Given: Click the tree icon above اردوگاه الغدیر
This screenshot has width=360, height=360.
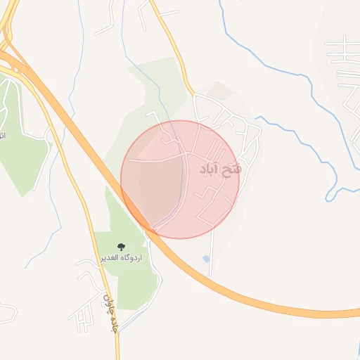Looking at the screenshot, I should [121, 247].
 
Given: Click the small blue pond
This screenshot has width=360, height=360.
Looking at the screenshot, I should [205, 259].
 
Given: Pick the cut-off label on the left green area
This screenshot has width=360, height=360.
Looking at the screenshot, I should [2, 134].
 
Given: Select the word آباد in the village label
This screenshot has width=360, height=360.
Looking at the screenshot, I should [211, 170].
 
